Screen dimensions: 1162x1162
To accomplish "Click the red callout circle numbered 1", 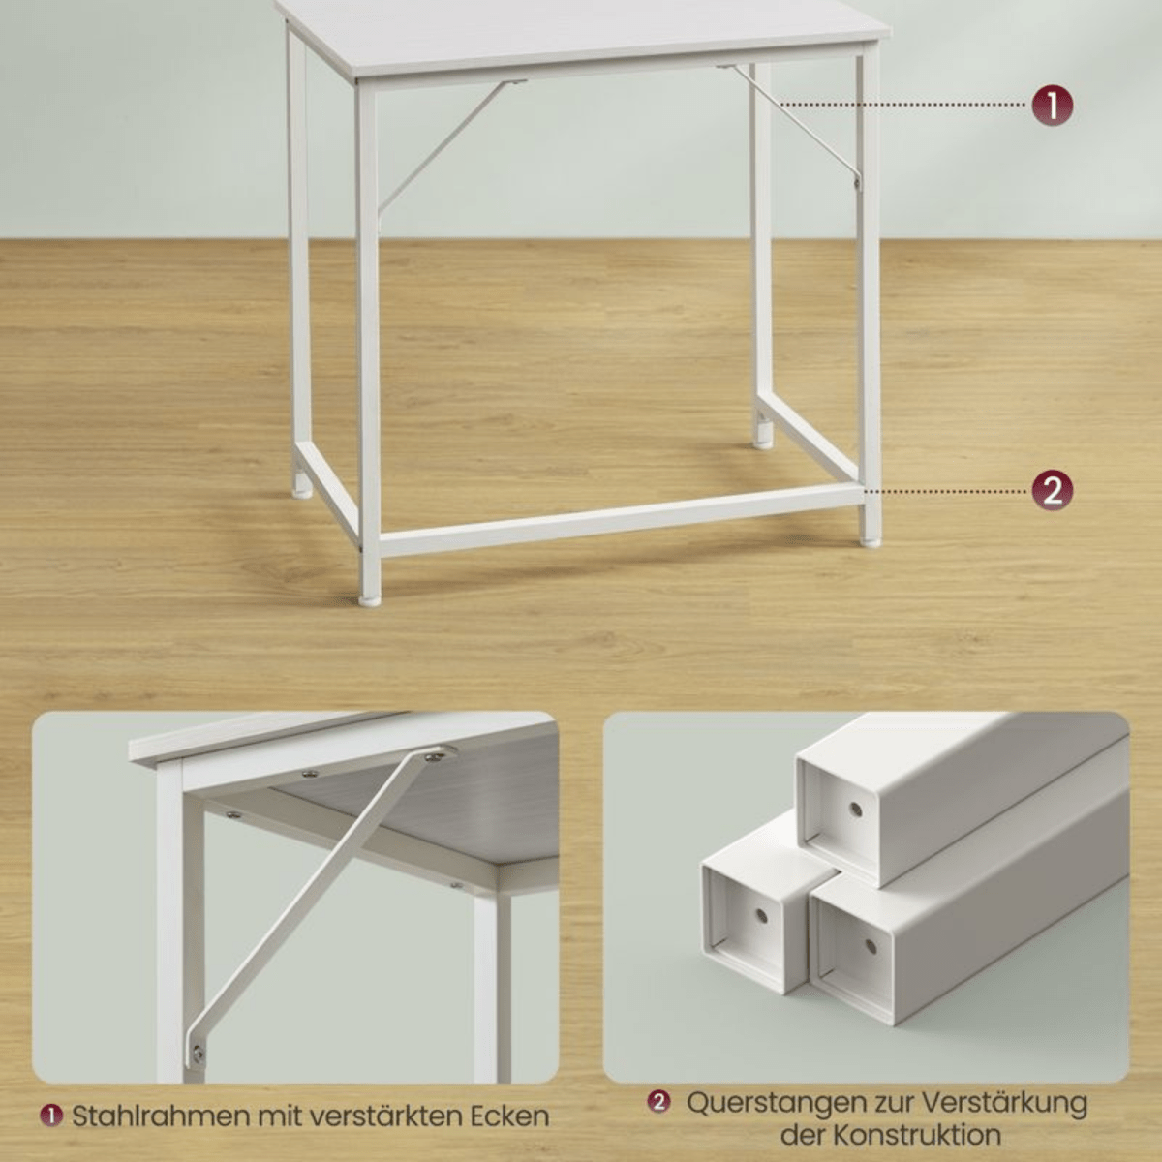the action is (x=1052, y=105).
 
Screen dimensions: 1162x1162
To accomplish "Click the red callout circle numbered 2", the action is (x=1052, y=491).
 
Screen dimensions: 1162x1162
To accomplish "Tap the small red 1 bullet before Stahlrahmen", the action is (x=50, y=1116).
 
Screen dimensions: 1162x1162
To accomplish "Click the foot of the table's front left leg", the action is (x=370, y=598).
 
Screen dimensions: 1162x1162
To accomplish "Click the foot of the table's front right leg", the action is (x=870, y=539).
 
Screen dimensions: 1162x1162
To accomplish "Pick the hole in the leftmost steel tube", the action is (x=760, y=915).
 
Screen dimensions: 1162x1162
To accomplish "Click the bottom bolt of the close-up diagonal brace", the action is (x=198, y=1052).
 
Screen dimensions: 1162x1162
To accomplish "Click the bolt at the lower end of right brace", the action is (x=856, y=180).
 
